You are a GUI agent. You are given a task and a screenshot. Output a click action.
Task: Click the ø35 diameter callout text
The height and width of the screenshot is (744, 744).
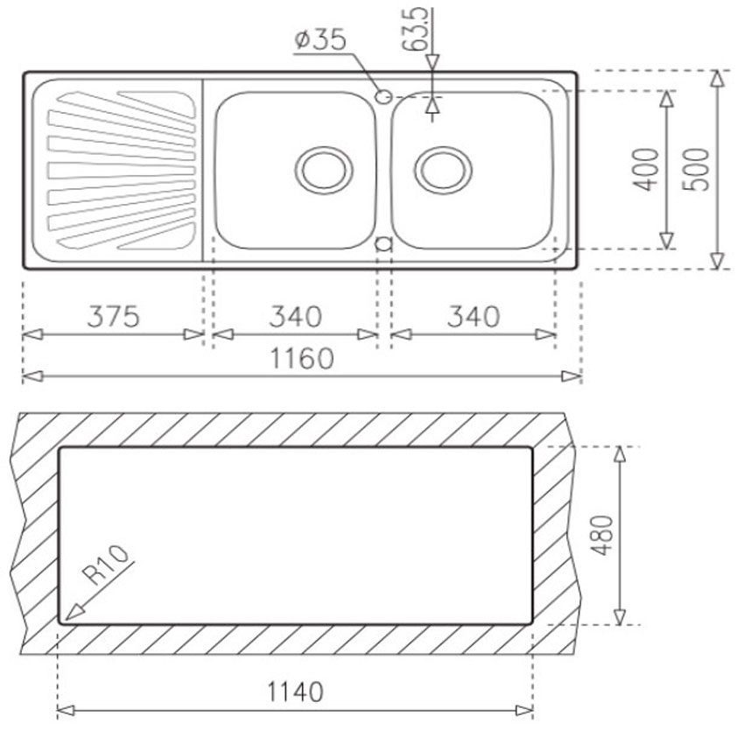point(320,39)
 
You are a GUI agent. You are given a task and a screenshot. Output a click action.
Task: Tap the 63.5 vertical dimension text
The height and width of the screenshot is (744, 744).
point(416,29)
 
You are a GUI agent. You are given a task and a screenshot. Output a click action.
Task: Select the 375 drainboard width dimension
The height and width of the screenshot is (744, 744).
point(114,317)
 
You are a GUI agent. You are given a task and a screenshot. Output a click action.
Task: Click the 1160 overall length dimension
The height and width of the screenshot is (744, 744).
point(302,359)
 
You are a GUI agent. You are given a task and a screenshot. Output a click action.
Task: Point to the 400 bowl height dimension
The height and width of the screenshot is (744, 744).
point(647,170)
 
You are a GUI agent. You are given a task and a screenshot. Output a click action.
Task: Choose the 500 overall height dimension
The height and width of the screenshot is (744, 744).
point(697,170)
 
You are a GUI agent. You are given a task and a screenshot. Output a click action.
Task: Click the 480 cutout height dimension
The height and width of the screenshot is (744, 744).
point(601,535)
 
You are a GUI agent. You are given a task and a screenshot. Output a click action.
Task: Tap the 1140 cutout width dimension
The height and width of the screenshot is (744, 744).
point(295,691)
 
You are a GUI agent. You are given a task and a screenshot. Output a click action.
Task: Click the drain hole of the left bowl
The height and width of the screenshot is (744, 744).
point(324,170)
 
